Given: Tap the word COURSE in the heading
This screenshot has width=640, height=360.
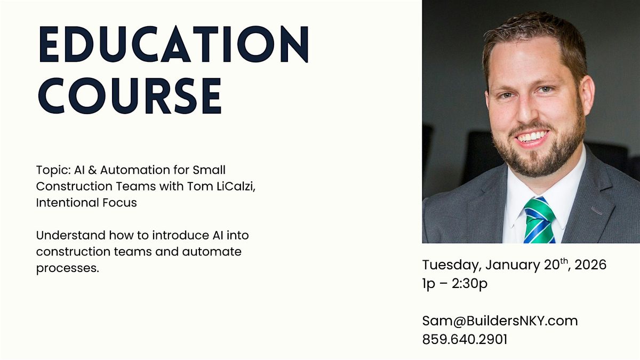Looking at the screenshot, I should (x=130, y=97).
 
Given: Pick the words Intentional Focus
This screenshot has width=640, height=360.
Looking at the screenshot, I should (x=86, y=203).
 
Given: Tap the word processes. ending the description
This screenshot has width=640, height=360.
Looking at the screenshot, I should (x=68, y=268).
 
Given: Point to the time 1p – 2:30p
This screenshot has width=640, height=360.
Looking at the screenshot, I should (x=454, y=284).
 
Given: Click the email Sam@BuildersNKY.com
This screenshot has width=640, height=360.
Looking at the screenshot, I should (x=500, y=321).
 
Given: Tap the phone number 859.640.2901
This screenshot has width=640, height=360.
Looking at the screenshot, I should (x=465, y=339).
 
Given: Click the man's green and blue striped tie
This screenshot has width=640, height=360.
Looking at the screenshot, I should (x=539, y=220).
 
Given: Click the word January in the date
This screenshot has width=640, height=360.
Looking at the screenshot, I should (x=513, y=265).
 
